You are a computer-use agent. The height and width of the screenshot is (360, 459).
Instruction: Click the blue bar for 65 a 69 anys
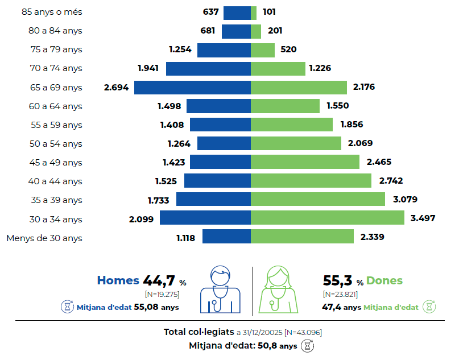192,88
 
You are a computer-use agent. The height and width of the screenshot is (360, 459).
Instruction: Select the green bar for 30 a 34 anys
328,218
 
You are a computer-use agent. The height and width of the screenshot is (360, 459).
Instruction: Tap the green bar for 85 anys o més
254,13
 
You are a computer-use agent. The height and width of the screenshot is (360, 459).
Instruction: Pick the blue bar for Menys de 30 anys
226,237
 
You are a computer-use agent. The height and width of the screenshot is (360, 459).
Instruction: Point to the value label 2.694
117,88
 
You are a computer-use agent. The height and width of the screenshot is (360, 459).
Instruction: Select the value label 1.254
180,49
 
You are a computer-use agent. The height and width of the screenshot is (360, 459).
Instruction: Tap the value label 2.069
360,143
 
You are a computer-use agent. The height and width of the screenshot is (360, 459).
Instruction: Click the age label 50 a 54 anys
56,144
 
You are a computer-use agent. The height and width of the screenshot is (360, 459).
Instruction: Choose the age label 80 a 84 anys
56,31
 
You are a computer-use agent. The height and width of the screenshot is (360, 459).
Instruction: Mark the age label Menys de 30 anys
44,238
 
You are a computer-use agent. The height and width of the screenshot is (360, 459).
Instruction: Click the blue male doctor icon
220,289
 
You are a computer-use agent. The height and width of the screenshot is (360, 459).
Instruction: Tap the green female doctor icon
279,289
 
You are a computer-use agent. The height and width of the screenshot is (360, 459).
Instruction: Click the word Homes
118,280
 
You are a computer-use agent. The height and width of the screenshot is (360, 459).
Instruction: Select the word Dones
384,280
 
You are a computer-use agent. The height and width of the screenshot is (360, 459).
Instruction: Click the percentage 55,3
338,280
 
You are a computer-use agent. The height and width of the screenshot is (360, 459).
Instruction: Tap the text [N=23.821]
340,294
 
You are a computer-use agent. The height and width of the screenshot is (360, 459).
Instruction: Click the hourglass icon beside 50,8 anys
308,345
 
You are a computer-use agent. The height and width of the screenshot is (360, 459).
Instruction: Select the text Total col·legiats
199,332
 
